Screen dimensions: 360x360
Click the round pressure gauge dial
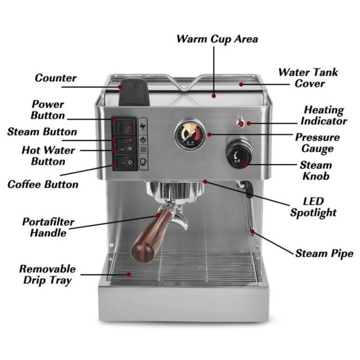[x=190, y=134]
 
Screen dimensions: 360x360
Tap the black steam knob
[x=239, y=155]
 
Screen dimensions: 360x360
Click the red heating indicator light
[x=241, y=124]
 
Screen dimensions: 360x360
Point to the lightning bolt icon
[x=142, y=126]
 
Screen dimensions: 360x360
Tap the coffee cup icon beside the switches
[x=142, y=163]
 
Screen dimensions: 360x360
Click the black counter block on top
[x=133, y=92]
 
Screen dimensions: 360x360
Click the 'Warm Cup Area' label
[x=217, y=39]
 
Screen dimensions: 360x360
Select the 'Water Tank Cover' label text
[x=309, y=77]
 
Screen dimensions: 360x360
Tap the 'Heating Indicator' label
[x=324, y=115]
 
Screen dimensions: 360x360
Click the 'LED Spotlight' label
[x=313, y=208]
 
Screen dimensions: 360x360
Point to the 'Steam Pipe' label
[x=324, y=254]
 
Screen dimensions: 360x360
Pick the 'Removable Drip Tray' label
[x=47, y=275]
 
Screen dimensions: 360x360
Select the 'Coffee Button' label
[x=43, y=184]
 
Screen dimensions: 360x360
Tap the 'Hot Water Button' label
[x=48, y=156]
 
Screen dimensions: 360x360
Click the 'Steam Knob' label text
[x=316, y=170]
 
